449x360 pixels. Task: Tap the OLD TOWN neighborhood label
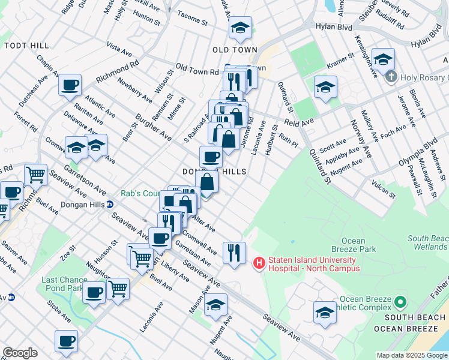[238, 50]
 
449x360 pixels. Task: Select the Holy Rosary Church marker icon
[391, 76]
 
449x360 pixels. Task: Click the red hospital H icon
[259, 263]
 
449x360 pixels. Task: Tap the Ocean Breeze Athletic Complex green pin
[401, 300]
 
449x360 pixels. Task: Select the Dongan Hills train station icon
[110, 204]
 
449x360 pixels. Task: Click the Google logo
[20, 352]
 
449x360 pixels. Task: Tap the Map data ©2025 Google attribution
[412, 355]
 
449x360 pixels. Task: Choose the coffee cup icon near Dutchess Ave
[70, 84]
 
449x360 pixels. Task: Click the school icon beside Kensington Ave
[383, 59]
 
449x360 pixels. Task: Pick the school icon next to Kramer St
[325, 88]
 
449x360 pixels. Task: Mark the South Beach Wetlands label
[428, 242]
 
